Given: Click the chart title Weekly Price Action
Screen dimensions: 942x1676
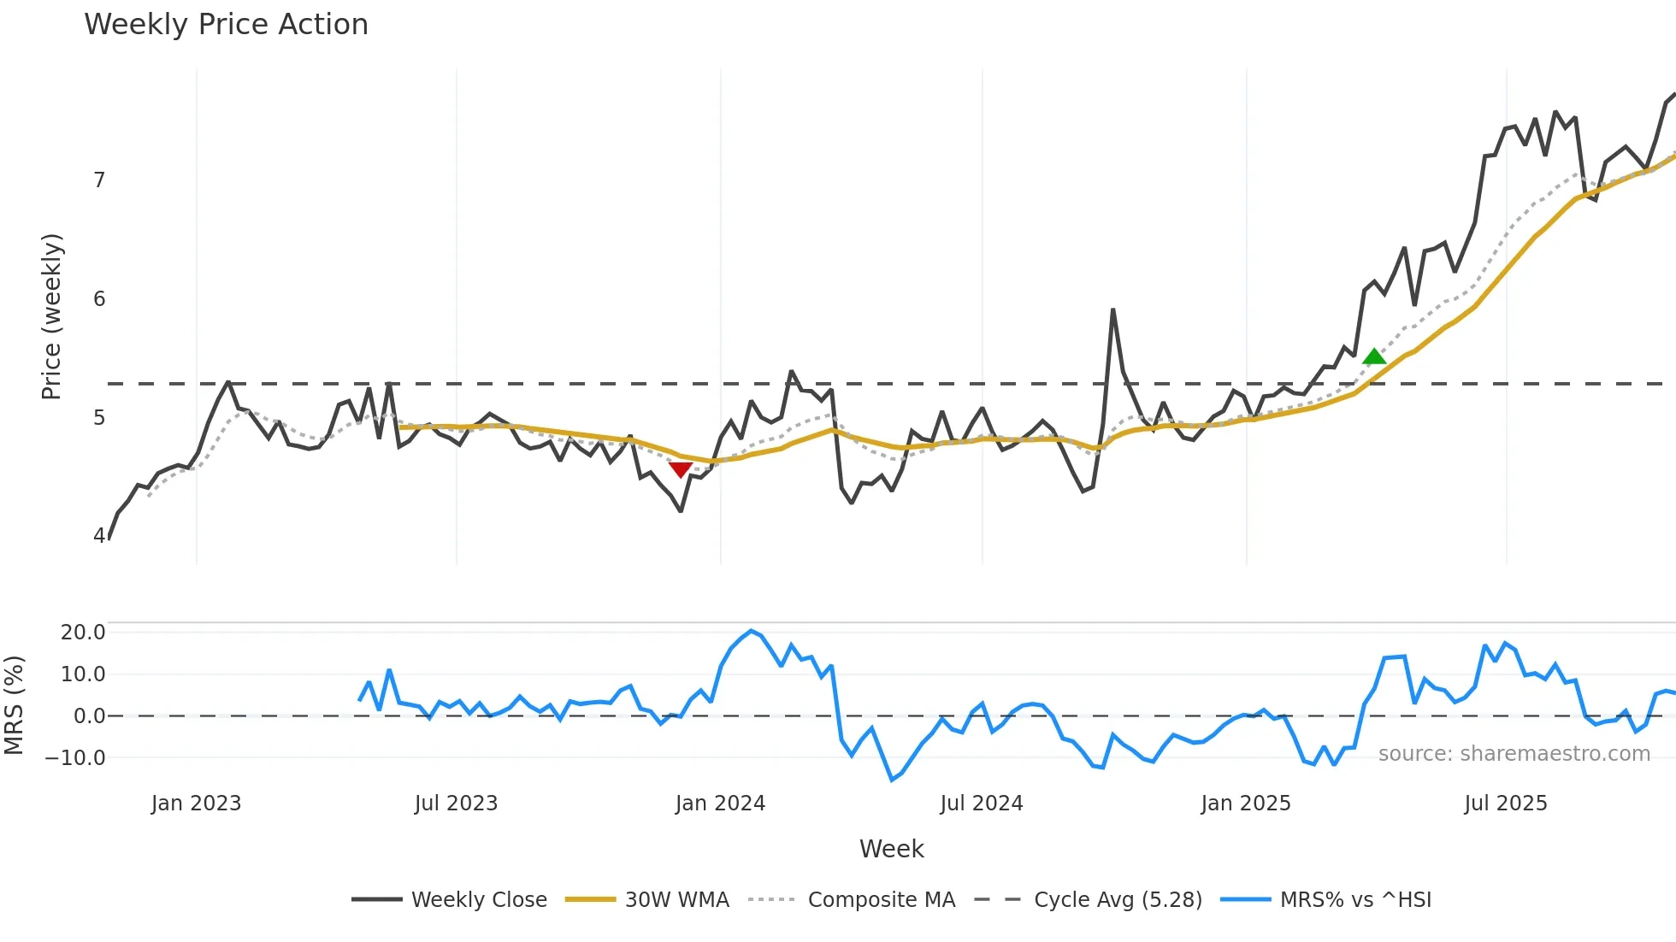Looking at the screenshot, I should (226, 24).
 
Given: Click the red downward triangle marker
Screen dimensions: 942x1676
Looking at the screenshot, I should (680, 469).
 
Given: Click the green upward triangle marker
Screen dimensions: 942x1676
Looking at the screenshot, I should (1373, 356).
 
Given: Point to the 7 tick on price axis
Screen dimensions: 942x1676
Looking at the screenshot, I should (99, 180).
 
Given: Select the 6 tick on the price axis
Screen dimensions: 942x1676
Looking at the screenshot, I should (99, 299).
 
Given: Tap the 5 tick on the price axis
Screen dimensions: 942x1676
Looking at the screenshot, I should (99, 418).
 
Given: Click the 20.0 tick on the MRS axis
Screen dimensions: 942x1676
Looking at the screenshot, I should (83, 633).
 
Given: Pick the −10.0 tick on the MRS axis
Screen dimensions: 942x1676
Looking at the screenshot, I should (75, 758).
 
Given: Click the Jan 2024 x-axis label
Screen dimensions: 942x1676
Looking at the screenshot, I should (720, 804).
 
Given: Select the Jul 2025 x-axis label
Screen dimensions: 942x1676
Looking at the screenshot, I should (1505, 804).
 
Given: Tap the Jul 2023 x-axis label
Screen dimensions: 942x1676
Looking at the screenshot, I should (456, 804).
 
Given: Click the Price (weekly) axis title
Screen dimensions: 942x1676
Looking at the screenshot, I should (51, 316).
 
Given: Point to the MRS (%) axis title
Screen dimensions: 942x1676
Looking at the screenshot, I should (14, 705).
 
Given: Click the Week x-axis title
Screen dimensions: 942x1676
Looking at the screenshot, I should (891, 849).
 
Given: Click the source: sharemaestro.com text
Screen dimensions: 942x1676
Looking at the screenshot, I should (1514, 754).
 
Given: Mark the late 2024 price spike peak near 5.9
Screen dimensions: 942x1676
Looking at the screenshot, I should (1112, 309).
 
